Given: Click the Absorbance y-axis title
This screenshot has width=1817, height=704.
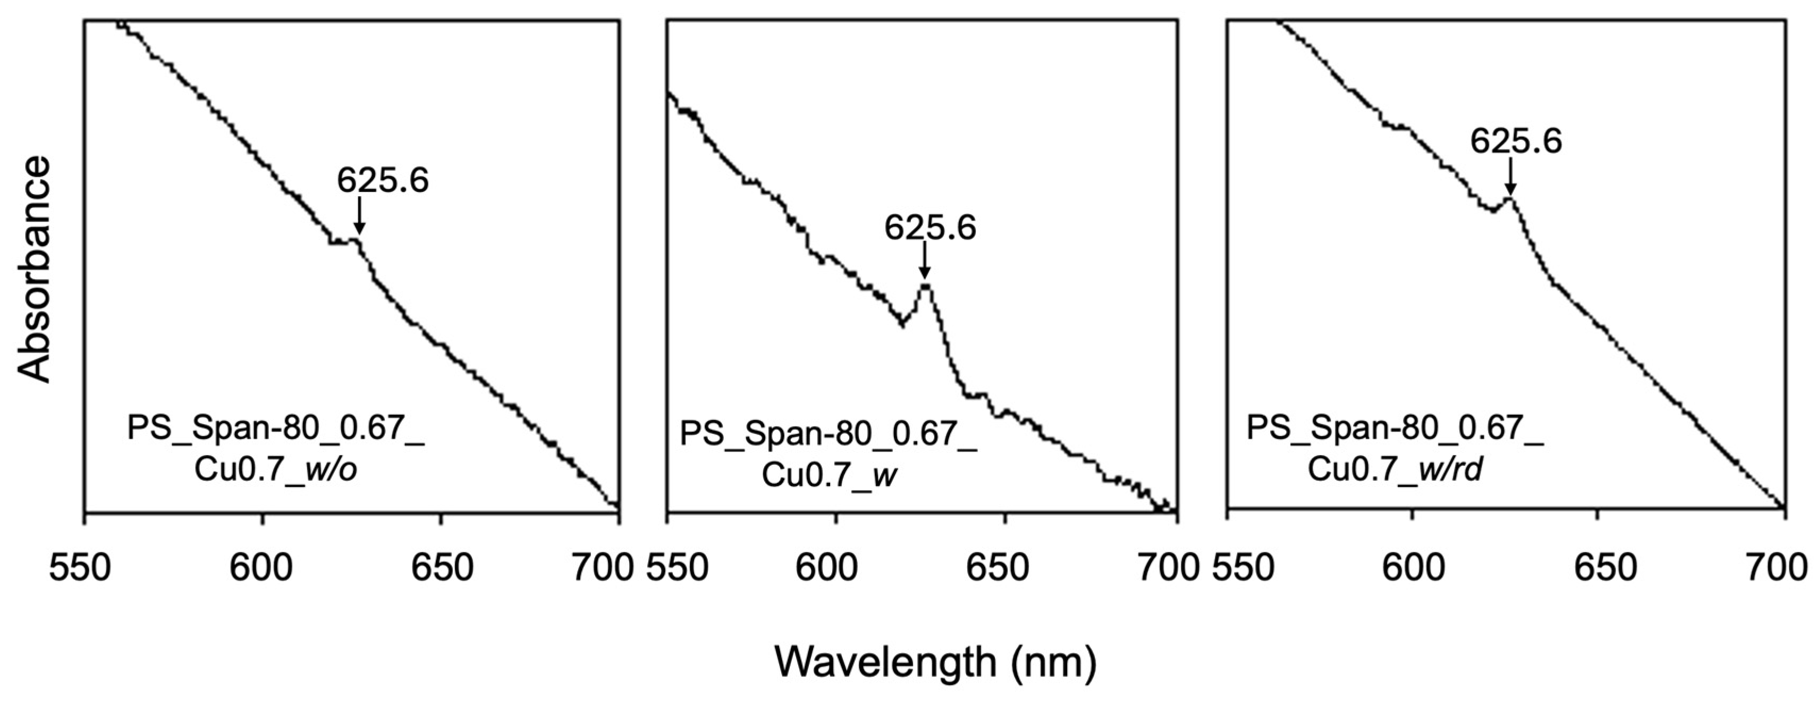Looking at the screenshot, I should coord(34,270).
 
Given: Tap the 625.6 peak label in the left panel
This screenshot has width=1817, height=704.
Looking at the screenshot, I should coord(382,181).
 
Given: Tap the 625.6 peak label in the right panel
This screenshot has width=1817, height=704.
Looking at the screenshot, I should coord(1516,141).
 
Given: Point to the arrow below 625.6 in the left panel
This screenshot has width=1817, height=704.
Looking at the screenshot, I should coord(359,216).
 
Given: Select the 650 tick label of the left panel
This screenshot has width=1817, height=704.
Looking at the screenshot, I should coord(441,568).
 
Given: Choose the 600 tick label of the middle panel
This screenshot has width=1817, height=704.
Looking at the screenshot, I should coord(836,568).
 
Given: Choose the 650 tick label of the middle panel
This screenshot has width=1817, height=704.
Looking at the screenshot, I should coord(1006,568).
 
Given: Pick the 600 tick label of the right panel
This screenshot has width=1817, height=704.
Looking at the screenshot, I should coord(1413,568).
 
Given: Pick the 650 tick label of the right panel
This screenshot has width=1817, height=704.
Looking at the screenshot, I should coord(1597,568).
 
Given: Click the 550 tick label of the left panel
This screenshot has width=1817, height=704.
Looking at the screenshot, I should coord(80,568).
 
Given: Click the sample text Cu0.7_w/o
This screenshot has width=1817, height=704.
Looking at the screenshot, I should coord(275,471).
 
